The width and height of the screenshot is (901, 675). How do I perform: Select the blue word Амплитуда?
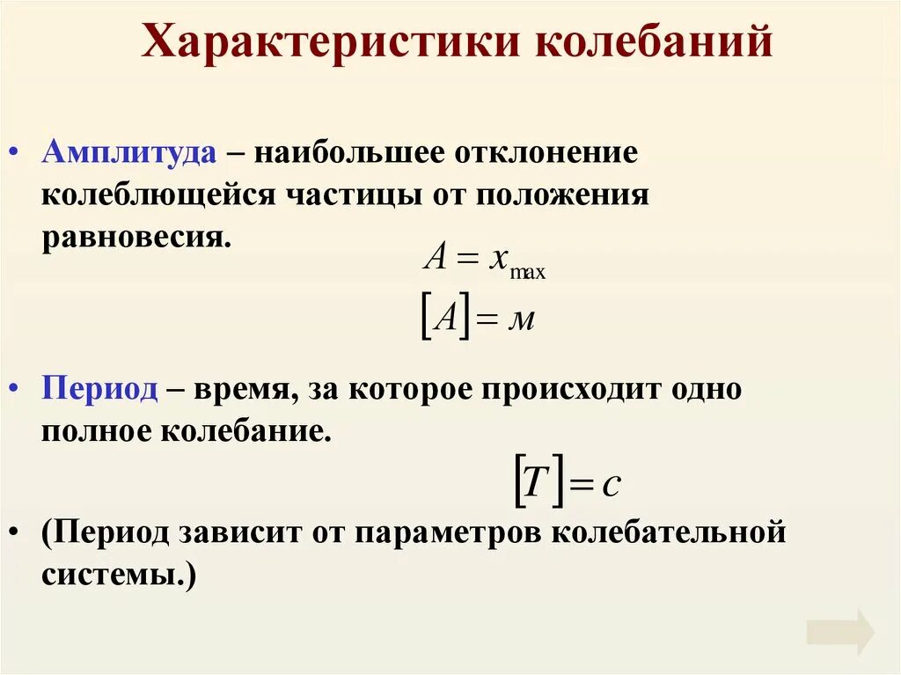[x=128, y=151]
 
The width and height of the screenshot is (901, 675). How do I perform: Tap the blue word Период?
[x=99, y=389]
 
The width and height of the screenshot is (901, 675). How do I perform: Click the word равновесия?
[x=134, y=238]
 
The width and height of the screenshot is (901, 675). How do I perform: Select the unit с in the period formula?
[x=612, y=485]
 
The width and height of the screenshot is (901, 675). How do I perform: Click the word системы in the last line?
[x=116, y=577]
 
